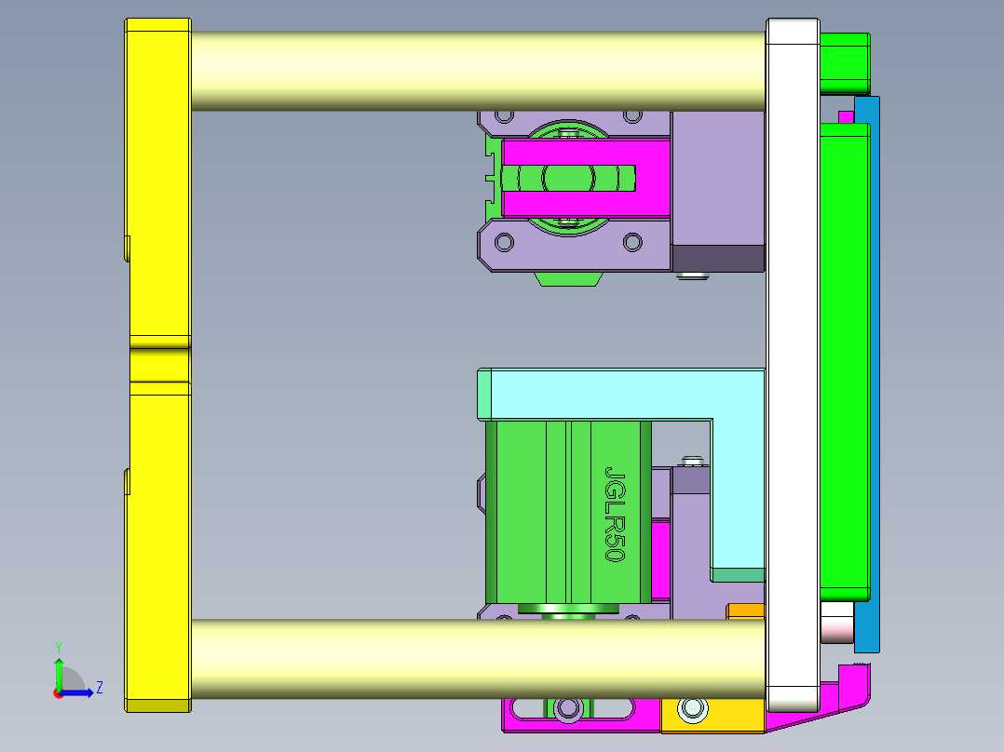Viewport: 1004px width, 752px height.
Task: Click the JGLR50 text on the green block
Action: [614, 513]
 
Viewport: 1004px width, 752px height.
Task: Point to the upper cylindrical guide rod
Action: [475, 71]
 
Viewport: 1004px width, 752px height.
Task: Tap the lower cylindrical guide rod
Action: [475, 659]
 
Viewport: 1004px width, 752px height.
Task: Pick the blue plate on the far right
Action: [867, 372]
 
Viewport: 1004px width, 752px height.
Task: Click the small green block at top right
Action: [844, 62]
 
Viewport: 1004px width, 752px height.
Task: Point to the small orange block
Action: [744, 611]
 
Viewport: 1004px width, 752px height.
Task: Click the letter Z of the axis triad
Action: [99, 688]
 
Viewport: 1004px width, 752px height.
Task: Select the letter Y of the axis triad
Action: [58, 646]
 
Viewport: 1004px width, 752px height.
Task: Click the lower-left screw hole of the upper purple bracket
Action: [504, 242]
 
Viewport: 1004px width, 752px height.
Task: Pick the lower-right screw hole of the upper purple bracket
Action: [632, 242]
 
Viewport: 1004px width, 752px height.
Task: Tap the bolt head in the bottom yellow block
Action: [692, 710]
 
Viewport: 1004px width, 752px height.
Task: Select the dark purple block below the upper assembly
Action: [717, 258]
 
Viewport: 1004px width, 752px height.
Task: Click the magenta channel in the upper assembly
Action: [587, 177]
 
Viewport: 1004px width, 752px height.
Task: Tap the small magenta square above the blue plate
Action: [846, 116]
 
